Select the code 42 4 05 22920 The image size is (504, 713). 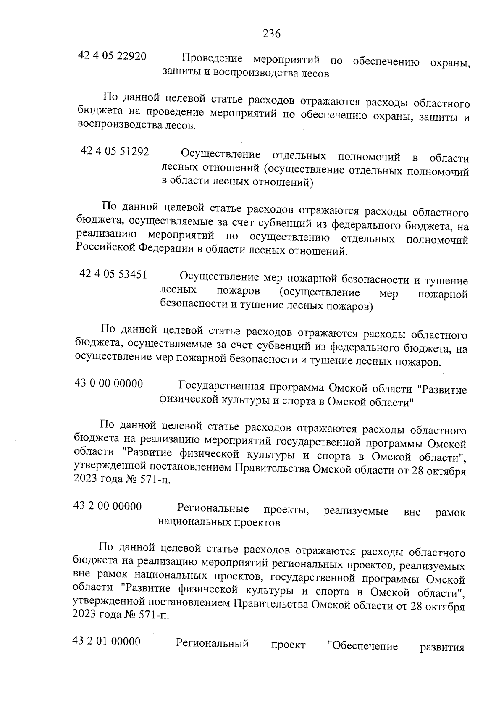[x=112, y=56]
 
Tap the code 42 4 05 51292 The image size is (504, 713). [x=115, y=151]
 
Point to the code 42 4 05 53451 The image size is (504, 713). [x=113, y=275]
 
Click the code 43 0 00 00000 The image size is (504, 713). [x=109, y=384]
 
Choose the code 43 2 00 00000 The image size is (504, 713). [x=108, y=506]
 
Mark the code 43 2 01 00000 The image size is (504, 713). [x=107, y=642]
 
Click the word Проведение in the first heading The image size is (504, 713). [x=213, y=59]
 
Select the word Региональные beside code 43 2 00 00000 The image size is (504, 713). [x=213, y=509]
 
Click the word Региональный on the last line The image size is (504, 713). [x=212, y=644]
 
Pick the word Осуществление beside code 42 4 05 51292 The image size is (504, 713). [x=220, y=155]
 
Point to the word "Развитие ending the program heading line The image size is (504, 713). [x=444, y=390]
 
